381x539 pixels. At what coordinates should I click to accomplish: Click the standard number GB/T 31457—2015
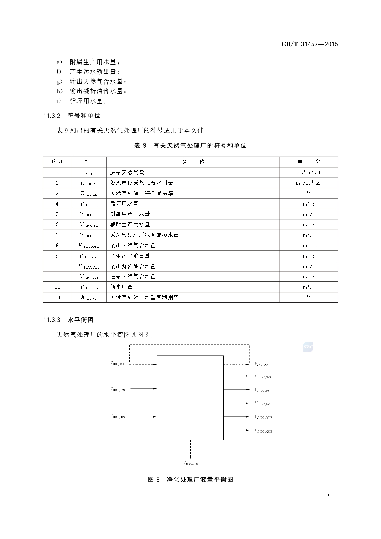(x=309, y=44)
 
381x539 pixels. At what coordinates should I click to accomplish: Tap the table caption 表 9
(x=190, y=146)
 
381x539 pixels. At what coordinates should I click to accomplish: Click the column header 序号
(x=57, y=162)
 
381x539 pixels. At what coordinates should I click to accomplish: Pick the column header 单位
(x=309, y=162)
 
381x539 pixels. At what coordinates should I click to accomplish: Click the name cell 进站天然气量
(x=127, y=173)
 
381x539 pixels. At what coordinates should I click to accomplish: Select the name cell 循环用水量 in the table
(x=124, y=204)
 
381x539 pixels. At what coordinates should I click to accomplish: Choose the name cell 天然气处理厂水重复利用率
(x=144, y=297)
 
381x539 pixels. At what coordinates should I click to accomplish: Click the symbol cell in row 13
(x=89, y=297)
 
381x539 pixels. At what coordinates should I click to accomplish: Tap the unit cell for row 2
(x=309, y=183)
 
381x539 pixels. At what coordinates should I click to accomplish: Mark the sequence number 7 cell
(x=57, y=235)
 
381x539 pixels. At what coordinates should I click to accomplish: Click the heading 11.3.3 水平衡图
(x=68, y=320)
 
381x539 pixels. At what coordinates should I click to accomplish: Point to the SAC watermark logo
(x=308, y=347)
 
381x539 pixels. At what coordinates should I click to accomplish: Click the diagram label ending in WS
(x=263, y=377)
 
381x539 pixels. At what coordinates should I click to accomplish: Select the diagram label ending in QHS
(x=263, y=431)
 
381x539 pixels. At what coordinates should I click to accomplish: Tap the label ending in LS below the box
(x=190, y=463)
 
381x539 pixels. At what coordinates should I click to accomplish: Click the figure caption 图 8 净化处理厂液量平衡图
(x=190, y=479)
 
